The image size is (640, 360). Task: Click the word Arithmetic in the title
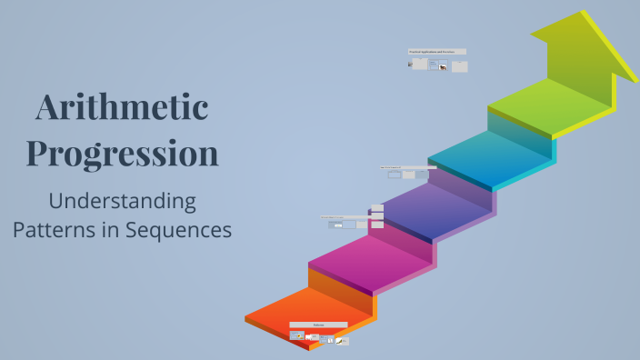[x=123, y=109]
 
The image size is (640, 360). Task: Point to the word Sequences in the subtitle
[x=178, y=230]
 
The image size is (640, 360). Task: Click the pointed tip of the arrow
[x=583, y=13]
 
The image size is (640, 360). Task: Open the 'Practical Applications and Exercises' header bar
[x=437, y=52]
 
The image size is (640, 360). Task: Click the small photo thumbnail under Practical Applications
[x=443, y=68]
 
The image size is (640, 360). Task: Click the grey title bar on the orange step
[x=318, y=325]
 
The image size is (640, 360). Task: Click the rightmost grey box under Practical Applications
[x=460, y=66]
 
